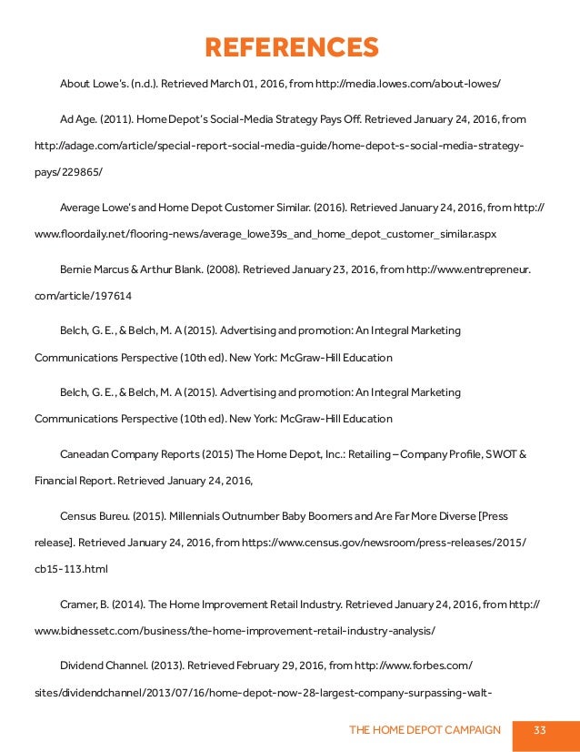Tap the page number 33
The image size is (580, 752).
click(x=540, y=730)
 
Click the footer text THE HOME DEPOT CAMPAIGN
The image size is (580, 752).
click(x=425, y=730)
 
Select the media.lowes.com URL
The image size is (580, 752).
click(x=405, y=84)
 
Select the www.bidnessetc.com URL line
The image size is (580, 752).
click(x=235, y=630)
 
